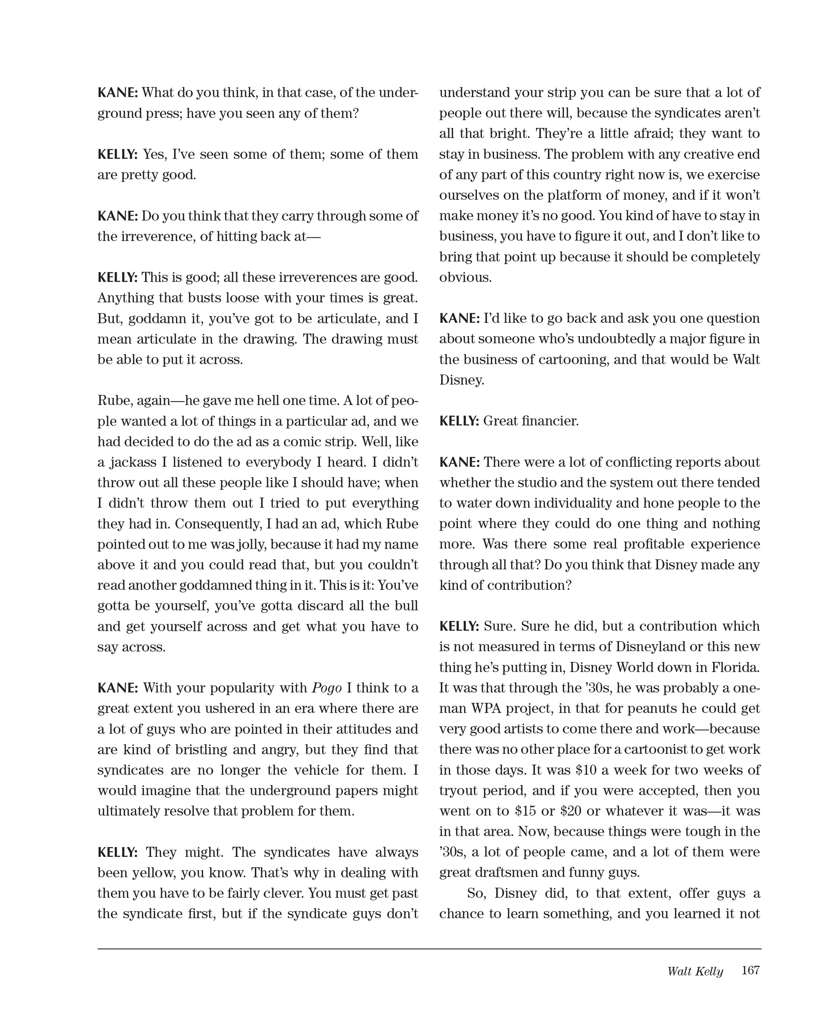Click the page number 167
click(750, 970)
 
